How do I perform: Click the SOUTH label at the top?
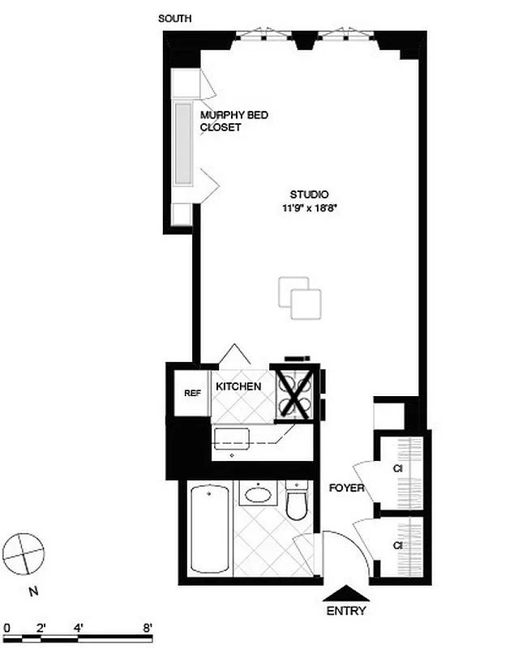pyautogui.click(x=175, y=18)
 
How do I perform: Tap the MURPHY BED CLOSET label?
pyautogui.click(x=233, y=122)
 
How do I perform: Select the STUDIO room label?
pyautogui.click(x=309, y=194)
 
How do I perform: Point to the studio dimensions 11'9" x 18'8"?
pyautogui.click(x=309, y=208)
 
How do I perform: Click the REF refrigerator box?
pyautogui.click(x=192, y=393)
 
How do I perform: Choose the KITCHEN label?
pyautogui.click(x=238, y=386)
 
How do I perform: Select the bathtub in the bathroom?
pyautogui.click(x=208, y=527)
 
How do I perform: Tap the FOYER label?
pyautogui.click(x=346, y=488)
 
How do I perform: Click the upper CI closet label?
pyautogui.click(x=398, y=468)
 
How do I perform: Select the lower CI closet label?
pyautogui.click(x=398, y=546)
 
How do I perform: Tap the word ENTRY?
pyautogui.click(x=346, y=612)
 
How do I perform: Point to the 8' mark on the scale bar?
pyautogui.click(x=148, y=627)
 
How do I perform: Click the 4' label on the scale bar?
pyautogui.click(x=79, y=627)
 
